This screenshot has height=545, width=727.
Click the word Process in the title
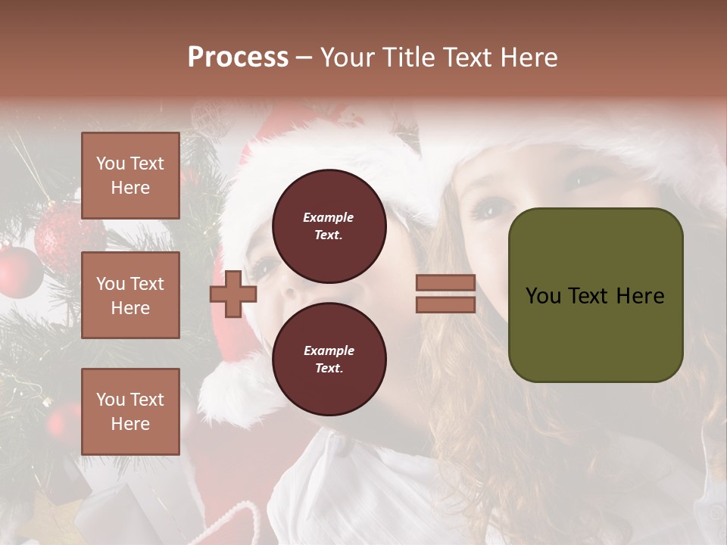point(238,58)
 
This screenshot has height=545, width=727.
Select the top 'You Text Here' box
point(130,176)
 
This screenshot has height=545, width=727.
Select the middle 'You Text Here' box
point(130,295)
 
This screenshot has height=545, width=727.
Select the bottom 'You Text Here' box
point(130,411)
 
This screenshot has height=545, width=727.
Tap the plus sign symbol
point(233,294)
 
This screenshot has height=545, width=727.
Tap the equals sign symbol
point(445,294)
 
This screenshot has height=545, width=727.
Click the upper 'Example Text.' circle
point(329,226)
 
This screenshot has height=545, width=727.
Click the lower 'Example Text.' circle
point(329,359)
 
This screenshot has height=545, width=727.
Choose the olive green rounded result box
point(595,295)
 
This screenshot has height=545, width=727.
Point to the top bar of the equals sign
point(445,283)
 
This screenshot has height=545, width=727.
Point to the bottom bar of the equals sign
point(445,304)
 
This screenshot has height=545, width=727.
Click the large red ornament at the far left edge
point(20,271)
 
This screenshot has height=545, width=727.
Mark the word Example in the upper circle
point(329,217)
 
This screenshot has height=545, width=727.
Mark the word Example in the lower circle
point(329,350)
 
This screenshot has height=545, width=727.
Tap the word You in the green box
point(543,296)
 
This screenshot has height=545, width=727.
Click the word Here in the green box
point(640,296)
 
